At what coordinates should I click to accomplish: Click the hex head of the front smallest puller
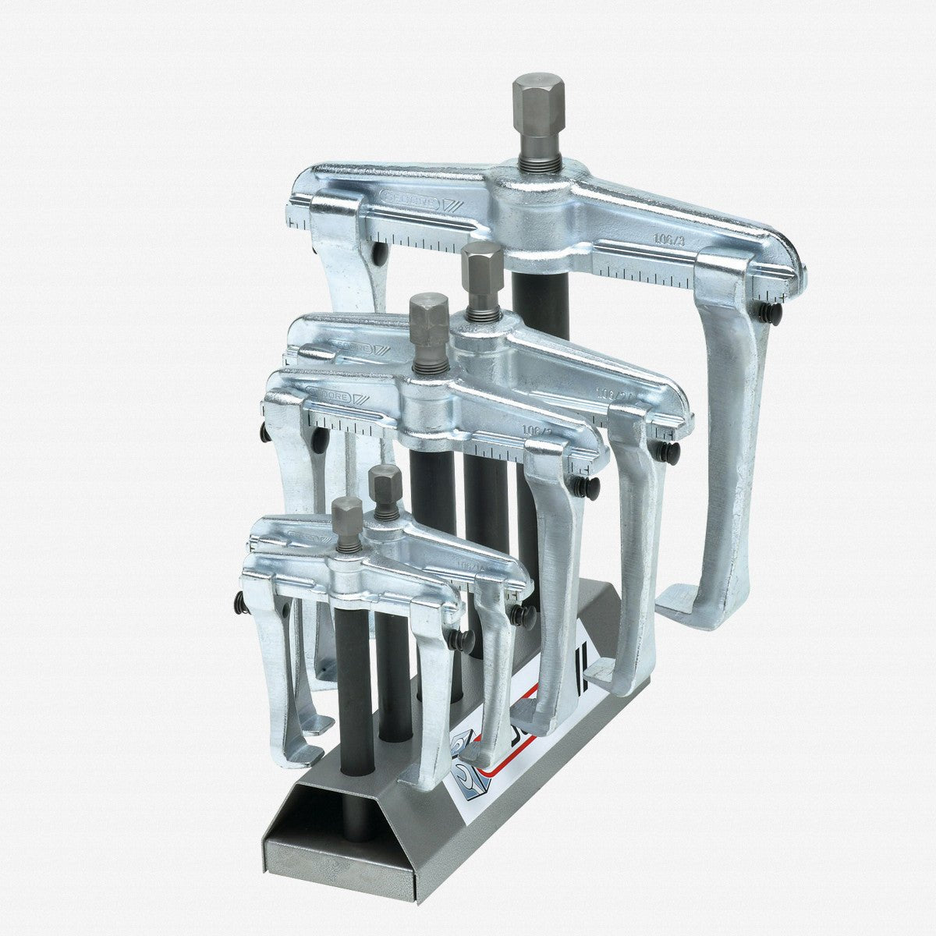(347, 518)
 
